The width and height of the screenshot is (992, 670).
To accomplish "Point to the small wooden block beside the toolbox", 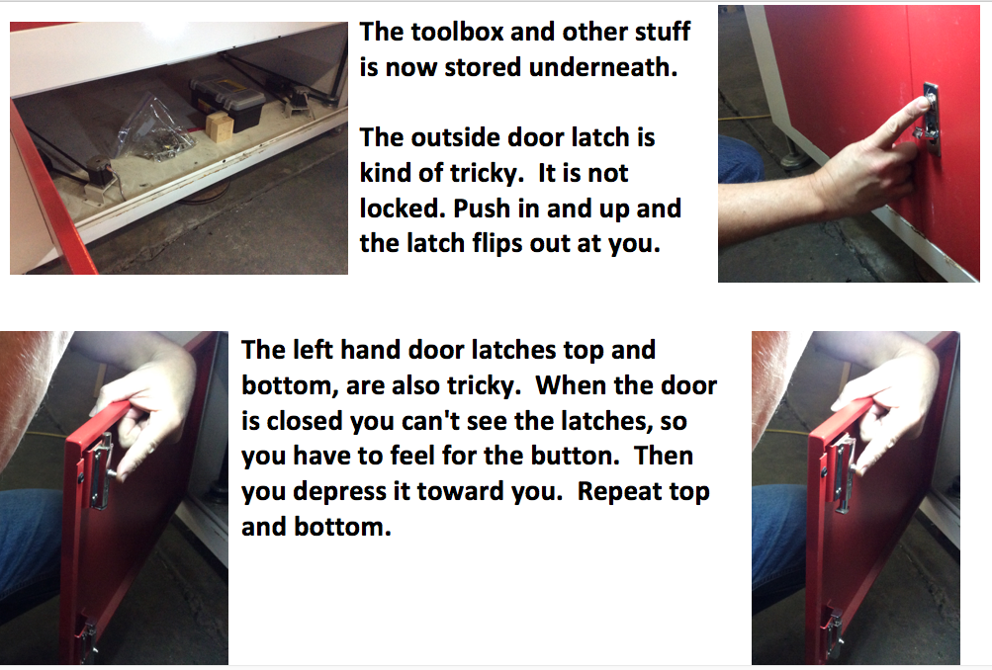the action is coord(219,126).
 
